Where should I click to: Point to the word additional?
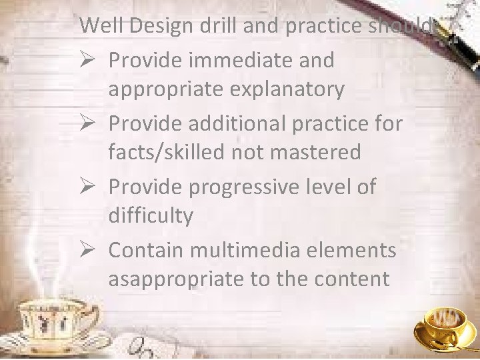241,122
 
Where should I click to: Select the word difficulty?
150,216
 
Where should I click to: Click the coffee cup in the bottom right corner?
445,326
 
